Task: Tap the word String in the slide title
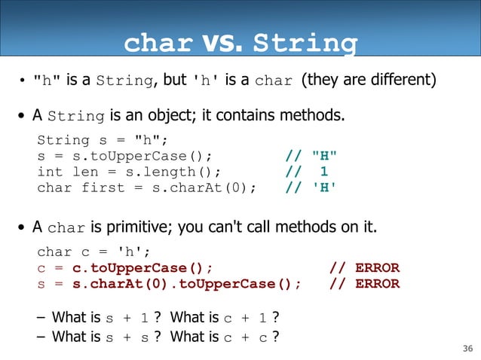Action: pyautogui.click(x=305, y=44)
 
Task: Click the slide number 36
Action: pyautogui.click(x=466, y=348)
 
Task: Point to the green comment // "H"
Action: pyautogui.click(x=311, y=156)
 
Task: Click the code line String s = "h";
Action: pyautogui.click(x=103, y=140)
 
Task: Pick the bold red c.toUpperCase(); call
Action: pyautogui.click(x=142, y=267)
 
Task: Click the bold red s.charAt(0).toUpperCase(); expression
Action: pyautogui.click(x=186, y=283)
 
